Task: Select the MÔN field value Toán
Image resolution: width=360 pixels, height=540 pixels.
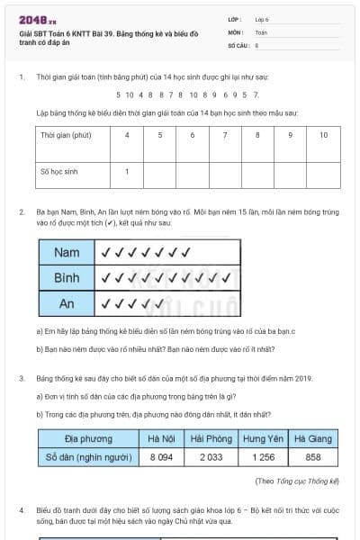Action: [x=261, y=31]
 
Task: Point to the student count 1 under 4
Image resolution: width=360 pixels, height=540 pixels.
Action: [x=127, y=170]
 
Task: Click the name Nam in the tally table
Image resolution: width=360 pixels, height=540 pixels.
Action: [x=66, y=253]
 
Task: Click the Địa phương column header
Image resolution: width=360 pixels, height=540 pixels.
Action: [x=88, y=438]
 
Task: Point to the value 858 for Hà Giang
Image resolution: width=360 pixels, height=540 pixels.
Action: [x=314, y=457]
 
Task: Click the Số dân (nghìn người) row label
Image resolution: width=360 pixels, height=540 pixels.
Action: [x=88, y=457]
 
